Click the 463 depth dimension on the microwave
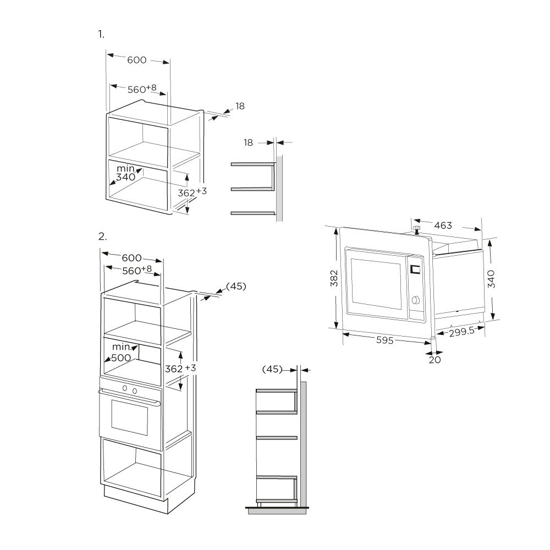click(443, 225)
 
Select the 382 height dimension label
click(334, 278)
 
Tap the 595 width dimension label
click(384, 340)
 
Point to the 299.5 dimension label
click(461, 331)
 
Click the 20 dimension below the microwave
click(435, 360)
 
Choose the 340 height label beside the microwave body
click(491, 279)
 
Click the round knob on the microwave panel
click(416, 300)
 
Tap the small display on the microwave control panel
click(415, 269)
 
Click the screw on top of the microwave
click(416, 230)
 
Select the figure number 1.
click(101, 34)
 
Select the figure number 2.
click(102, 237)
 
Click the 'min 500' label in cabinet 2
click(121, 353)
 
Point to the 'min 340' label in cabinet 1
click(125, 173)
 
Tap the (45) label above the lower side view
click(272, 369)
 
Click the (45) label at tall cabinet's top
click(236, 286)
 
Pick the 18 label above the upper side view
click(248, 142)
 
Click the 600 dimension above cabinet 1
click(136, 60)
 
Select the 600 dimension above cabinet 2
click(131, 258)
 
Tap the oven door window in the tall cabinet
click(129, 417)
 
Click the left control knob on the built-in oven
click(124, 388)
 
